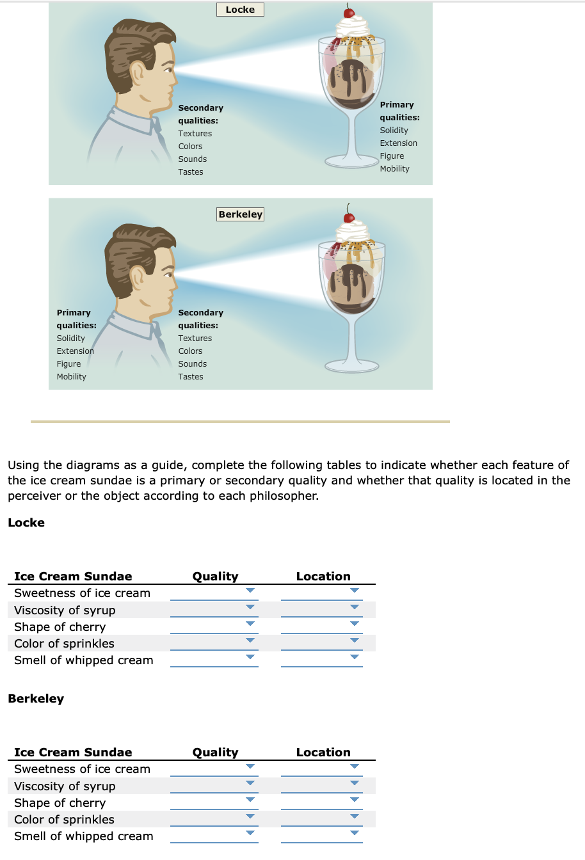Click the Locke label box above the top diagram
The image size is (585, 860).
pyautogui.click(x=240, y=10)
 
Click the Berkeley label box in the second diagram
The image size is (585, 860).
pyautogui.click(x=240, y=214)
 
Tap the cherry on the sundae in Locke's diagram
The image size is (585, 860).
pyautogui.click(x=349, y=12)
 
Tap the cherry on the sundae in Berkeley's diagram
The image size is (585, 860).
pyautogui.click(x=349, y=218)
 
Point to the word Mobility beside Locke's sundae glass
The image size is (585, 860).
pyautogui.click(x=394, y=169)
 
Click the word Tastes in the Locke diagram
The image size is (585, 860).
pyautogui.click(x=191, y=172)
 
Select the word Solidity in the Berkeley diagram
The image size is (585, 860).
pyautogui.click(x=70, y=338)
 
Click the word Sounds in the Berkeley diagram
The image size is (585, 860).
pyautogui.click(x=192, y=364)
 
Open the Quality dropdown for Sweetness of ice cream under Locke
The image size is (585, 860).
pyautogui.click(x=214, y=593)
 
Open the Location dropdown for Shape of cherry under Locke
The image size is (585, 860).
pyautogui.click(x=321, y=626)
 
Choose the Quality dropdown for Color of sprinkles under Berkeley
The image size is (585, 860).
pyautogui.click(x=214, y=818)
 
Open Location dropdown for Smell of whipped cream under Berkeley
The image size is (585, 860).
pyautogui.click(x=321, y=835)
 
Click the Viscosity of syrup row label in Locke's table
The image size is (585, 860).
pyautogui.click(x=65, y=610)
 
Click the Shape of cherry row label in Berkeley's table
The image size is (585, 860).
pyautogui.click(x=60, y=803)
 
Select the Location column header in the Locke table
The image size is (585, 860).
pyautogui.click(x=323, y=577)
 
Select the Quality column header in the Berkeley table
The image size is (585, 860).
pyautogui.click(x=215, y=752)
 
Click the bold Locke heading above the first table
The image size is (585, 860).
pyautogui.click(x=26, y=523)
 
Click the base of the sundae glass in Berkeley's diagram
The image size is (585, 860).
pyautogui.click(x=351, y=367)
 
